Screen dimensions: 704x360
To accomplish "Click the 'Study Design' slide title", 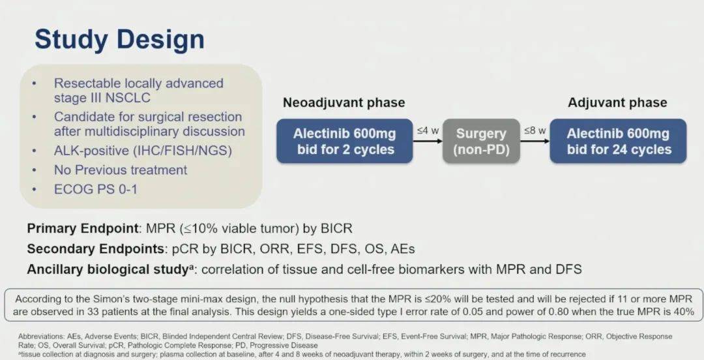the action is (x=119, y=40).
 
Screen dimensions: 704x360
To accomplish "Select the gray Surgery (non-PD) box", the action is (x=481, y=141).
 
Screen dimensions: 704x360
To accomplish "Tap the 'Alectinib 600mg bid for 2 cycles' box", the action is (x=344, y=141).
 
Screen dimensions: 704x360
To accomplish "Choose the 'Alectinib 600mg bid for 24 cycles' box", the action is (x=618, y=141).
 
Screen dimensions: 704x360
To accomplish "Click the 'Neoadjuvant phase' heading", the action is (x=344, y=102).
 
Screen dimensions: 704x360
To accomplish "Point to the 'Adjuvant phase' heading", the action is (x=617, y=102).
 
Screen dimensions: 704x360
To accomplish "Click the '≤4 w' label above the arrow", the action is (x=428, y=131).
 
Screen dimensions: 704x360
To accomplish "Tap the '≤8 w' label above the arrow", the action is (x=535, y=131).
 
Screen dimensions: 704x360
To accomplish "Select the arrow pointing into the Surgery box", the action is (x=428, y=141).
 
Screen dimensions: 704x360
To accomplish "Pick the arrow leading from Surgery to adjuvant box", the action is (x=535, y=141).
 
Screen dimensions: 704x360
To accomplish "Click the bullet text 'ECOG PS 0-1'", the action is (x=96, y=189).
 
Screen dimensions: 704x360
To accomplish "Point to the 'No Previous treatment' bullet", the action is (x=121, y=170).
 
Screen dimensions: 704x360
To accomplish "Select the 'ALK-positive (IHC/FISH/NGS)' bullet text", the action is (x=143, y=151).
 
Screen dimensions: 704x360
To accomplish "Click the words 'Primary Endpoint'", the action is (x=83, y=228).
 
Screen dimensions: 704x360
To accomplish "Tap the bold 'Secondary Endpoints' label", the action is (x=96, y=248).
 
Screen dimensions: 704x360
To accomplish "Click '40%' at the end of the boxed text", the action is (x=684, y=312).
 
